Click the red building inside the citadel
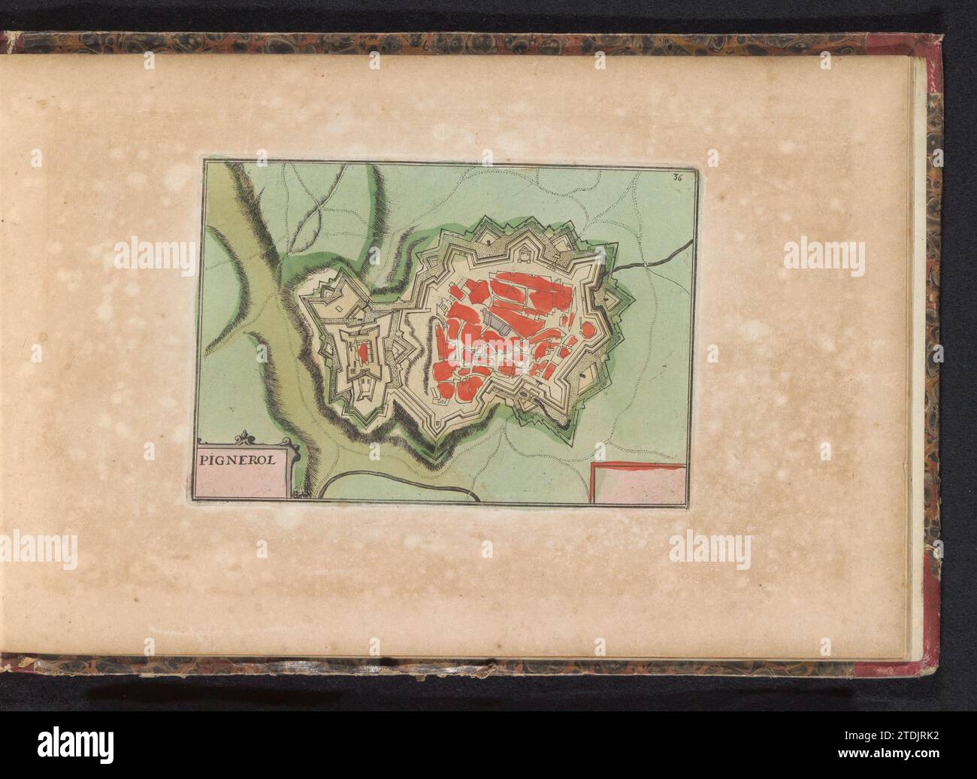point(363,350)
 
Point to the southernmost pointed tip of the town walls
point(434,453)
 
